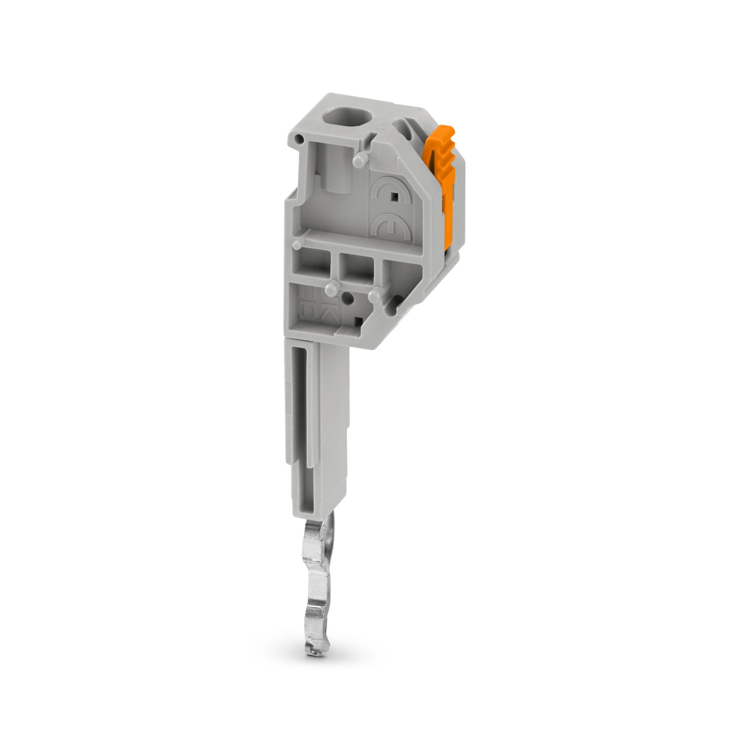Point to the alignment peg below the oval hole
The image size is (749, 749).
point(361,160)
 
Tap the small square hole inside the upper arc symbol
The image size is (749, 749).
point(394,196)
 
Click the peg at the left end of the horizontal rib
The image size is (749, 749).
point(297,244)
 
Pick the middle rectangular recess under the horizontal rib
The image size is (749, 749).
point(356,266)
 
